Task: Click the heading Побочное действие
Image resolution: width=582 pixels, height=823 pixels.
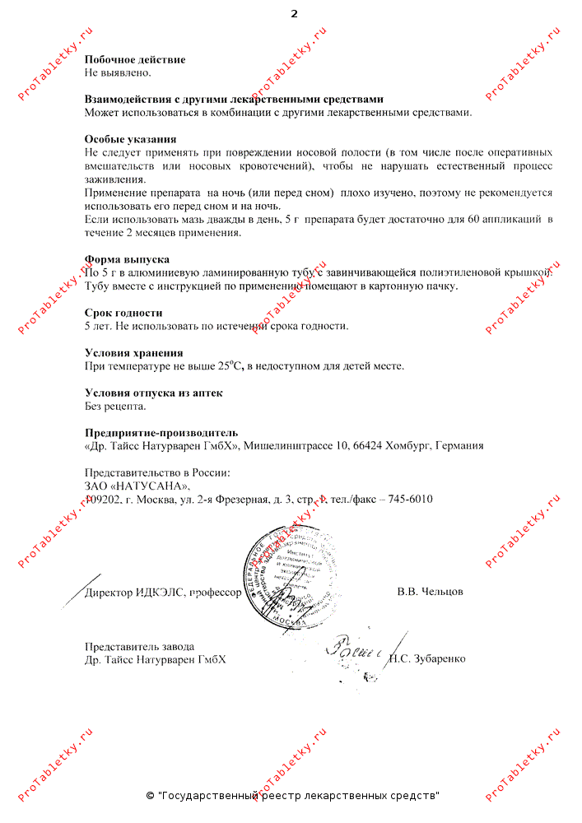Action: pyautogui.click(x=135, y=59)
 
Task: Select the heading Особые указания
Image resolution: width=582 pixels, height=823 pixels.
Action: pyautogui.click(x=130, y=139)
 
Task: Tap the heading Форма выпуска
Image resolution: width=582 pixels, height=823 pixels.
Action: pyautogui.click(x=127, y=259)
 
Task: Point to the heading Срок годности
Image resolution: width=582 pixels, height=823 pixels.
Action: pyautogui.click(x=123, y=313)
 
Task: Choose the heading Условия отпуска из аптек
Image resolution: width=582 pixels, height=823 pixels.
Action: pyautogui.click(x=154, y=393)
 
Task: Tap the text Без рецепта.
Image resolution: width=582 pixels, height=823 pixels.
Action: pyautogui.click(x=115, y=406)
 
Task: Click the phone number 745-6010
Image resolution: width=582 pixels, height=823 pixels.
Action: pyautogui.click(x=409, y=499)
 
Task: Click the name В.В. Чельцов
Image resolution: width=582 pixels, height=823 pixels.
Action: pyautogui.click(x=430, y=592)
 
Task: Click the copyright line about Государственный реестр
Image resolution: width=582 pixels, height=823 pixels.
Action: pyautogui.click(x=292, y=796)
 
